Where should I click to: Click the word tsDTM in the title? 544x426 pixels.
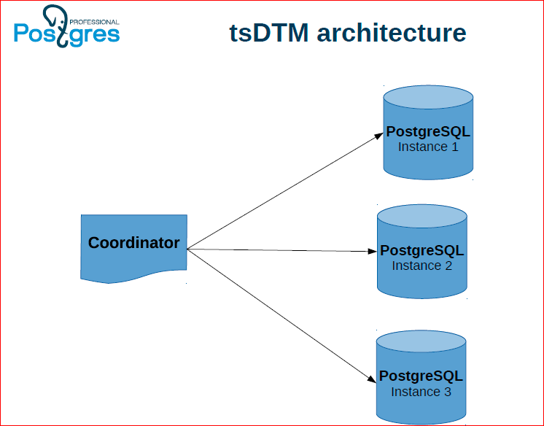click(269, 33)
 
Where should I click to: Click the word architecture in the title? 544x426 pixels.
click(392, 33)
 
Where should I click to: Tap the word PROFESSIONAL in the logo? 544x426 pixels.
click(94, 22)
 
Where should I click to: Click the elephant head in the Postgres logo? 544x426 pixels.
click(55, 17)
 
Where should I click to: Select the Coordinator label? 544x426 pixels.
click(134, 243)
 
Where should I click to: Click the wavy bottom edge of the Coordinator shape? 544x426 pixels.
click(133, 276)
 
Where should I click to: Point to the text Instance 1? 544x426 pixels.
click(428, 147)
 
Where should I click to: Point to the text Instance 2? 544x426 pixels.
click(422, 266)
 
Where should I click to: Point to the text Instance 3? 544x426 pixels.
click(421, 392)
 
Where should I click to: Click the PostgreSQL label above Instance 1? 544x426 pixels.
click(428, 131)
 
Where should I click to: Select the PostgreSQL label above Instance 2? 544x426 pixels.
click(422, 250)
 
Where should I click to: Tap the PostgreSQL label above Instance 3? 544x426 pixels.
click(421, 376)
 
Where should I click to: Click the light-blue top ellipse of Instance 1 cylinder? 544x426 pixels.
click(428, 97)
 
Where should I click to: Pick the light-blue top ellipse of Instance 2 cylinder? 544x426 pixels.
click(422, 216)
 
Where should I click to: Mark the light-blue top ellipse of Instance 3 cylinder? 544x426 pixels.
click(421, 341)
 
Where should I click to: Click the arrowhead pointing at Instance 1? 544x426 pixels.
click(378, 136)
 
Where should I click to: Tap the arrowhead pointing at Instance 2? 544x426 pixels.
click(372, 251)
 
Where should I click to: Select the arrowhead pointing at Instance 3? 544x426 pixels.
click(372, 379)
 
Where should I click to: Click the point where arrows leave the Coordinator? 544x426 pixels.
click(187, 249)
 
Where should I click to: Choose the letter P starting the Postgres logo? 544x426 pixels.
click(20, 33)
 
